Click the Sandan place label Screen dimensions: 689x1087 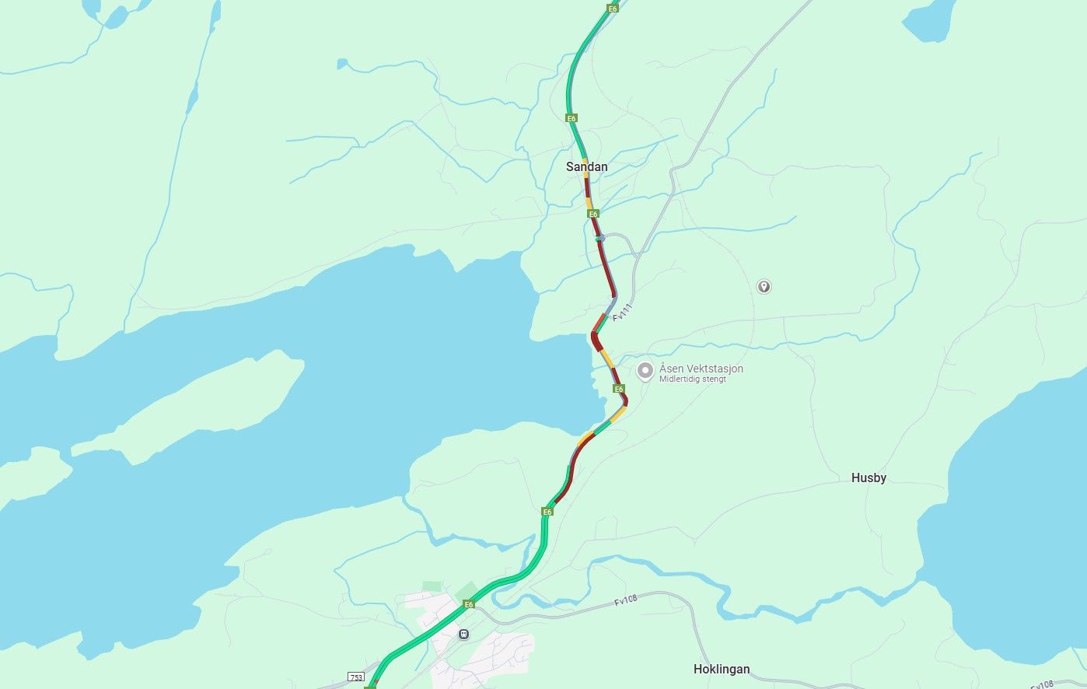click(x=587, y=167)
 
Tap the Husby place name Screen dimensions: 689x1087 click(x=869, y=478)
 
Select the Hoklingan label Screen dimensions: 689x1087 click(x=722, y=670)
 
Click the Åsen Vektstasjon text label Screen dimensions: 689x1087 click(x=701, y=369)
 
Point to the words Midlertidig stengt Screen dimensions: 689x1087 click(x=692, y=379)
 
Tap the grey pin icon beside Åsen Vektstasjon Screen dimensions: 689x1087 click(x=645, y=371)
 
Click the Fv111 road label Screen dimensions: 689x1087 click(x=623, y=313)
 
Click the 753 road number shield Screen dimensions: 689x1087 click(x=356, y=677)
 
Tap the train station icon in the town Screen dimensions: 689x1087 click(x=464, y=634)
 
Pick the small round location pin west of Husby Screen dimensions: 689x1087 click(x=764, y=287)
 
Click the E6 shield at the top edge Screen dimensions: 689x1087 click(x=613, y=9)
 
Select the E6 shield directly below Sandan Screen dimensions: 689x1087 click(x=593, y=214)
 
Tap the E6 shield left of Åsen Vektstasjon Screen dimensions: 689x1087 click(x=618, y=389)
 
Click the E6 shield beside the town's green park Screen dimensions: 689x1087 click(x=469, y=604)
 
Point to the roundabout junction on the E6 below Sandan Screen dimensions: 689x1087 click(x=600, y=239)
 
